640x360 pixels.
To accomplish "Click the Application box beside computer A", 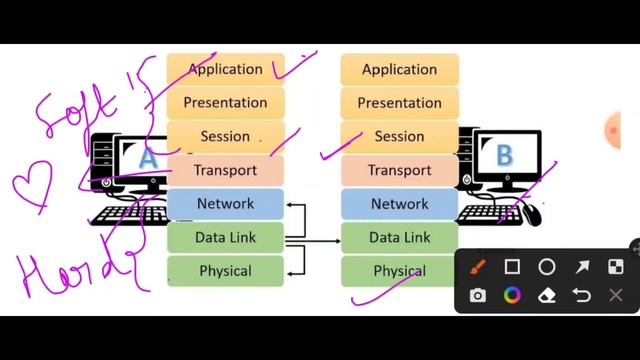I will coord(226,69).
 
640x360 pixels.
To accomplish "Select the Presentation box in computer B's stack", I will coord(399,103).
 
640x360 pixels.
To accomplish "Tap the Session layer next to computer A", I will coord(226,136).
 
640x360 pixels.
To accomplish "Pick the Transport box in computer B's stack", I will coord(399,170).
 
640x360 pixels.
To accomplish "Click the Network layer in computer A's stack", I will coord(226,204).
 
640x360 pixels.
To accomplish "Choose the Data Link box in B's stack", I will coord(399,238).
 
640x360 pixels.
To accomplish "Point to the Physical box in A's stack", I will coord(226,271).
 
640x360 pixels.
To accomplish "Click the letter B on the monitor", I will coord(504,155).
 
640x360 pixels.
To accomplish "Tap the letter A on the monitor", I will coord(148,158).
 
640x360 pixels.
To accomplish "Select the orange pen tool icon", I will coord(478,267).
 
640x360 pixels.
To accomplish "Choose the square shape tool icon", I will coord(512,267).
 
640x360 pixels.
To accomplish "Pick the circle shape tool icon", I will coord(547,267).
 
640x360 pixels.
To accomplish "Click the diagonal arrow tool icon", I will coord(582,267).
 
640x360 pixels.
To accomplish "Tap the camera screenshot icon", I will coord(478,296).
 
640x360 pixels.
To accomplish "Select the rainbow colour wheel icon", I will coord(512,296).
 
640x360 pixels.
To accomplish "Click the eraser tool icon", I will coord(547,296).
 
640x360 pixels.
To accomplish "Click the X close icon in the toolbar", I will coord(616,296).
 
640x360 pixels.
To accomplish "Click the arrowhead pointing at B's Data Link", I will coord(336,240).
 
